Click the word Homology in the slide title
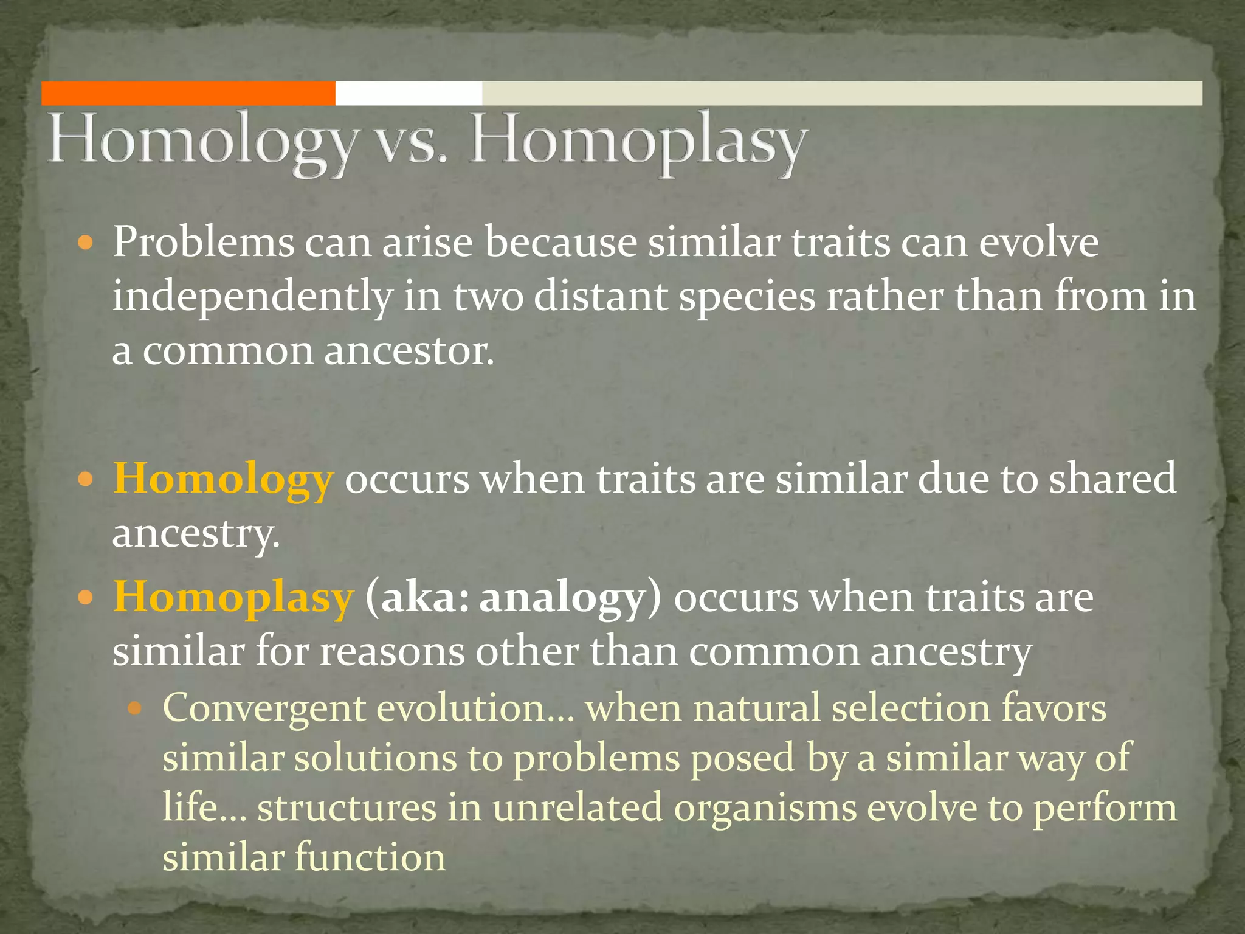point(201,144)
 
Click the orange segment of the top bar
point(188,94)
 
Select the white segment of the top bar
point(409,94)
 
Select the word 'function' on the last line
point(370,857)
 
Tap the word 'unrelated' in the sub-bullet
point(577,809)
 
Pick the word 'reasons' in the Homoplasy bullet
point(391,653)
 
